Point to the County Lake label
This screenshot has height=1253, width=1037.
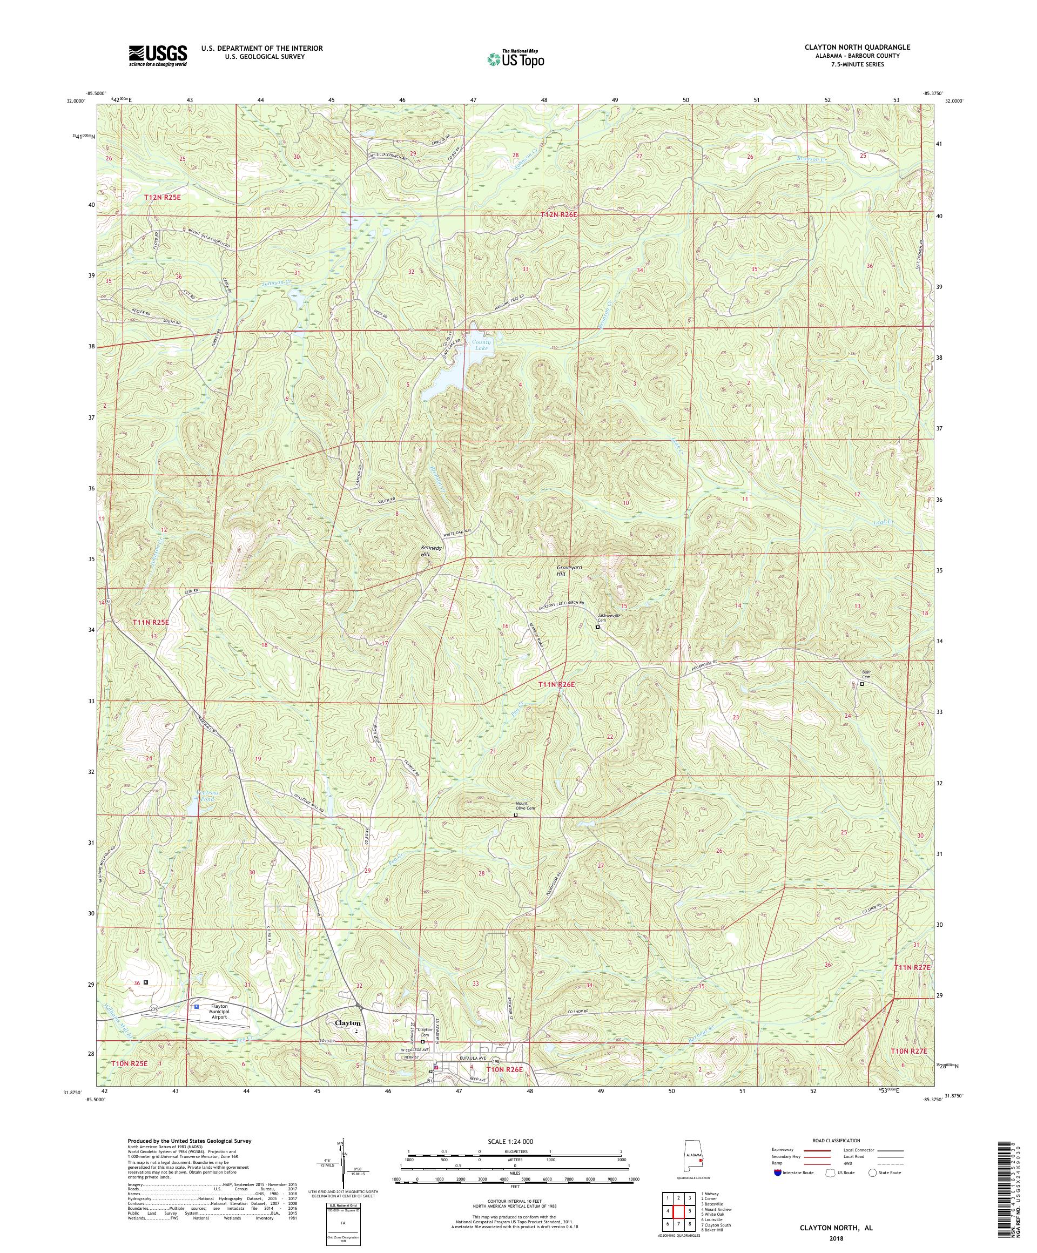481,346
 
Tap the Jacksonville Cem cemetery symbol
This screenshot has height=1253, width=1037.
597,628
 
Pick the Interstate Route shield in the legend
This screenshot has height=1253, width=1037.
777,1173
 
